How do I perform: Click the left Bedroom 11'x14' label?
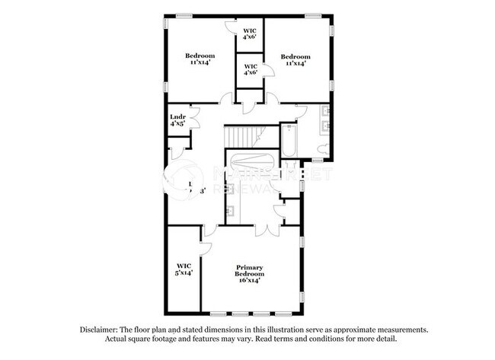click(x=200, y=59)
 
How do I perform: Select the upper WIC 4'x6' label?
click(x=249, y=33)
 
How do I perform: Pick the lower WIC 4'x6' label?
click(x=249, y=70)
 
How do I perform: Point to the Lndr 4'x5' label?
click(x=177, y=120)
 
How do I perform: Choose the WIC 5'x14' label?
click(x=184, y=268)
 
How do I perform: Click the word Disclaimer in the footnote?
click(x=102, y=330)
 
